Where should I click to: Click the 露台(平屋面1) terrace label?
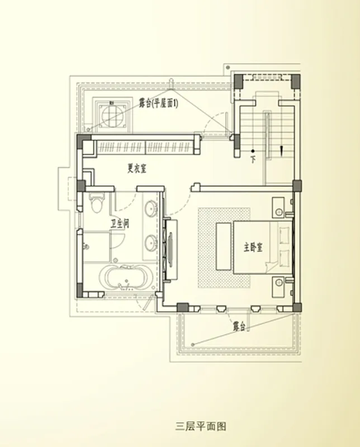click(x=159, y=103)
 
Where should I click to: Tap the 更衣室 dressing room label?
click(x=136, y=169)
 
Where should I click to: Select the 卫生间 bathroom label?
click(x=120, y=223)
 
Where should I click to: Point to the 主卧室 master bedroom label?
click(x=253, y=247)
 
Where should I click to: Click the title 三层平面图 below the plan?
click(x=201, y=426)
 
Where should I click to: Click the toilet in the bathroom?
click(x=96, y=202)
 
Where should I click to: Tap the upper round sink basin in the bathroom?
click(x=151, y=208)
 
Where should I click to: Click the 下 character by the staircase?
click(x=253, y=159)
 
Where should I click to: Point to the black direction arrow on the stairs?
click(x=282, y=150)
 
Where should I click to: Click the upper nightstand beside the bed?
click(x=278, y=207)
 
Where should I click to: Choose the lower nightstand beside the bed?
click(x=278, y=287)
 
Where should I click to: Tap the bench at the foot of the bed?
click(x=224, y=246)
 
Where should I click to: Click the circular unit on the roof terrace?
click(x=113, y=115)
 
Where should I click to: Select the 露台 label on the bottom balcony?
click(x=239, y=326)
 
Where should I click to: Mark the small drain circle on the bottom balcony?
click(x=193, y=345)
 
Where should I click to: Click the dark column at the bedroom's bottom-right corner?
click(x=297, y=307)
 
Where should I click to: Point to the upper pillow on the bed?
click(x=284, y=235)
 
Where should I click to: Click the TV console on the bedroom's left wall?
click(x=170, y=250)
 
